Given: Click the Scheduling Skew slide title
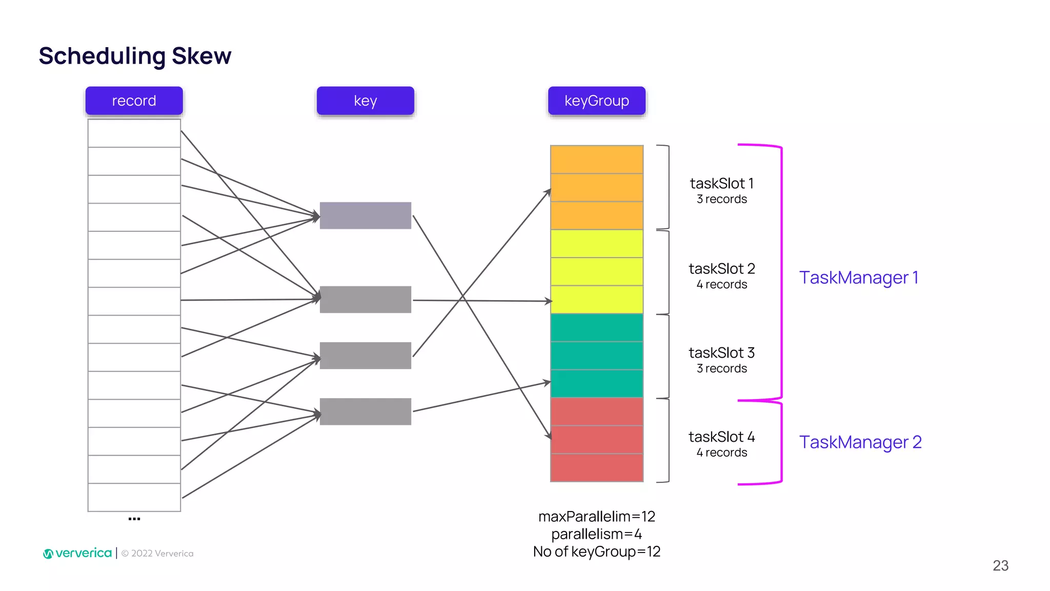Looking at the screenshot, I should (135, 55).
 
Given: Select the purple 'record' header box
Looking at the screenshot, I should (134, 101).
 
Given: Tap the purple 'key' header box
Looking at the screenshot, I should (365, 101).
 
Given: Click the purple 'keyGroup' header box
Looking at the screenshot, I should (596, 101).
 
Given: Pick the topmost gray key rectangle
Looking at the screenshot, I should (365, 215).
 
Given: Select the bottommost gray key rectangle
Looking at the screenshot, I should (365, 411).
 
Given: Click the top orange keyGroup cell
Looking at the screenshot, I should (596, 160).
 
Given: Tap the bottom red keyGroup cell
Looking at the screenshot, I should (596, 467).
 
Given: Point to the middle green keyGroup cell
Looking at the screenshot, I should (596, 356).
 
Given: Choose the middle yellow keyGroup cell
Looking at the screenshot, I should (596, 271).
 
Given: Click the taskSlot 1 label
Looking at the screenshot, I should (721, 183).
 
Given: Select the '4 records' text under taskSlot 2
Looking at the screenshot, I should (721, 284).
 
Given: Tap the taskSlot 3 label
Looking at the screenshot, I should (721, 352).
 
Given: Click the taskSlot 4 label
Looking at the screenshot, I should (721, 437).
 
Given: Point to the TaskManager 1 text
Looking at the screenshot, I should (859, 278).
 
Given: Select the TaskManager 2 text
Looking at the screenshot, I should (860, 442).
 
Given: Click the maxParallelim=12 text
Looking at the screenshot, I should (596, 516).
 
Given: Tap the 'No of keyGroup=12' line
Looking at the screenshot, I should (596, 551).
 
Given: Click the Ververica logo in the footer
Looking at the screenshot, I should (78, 553).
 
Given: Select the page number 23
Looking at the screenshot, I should (1000, 565).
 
